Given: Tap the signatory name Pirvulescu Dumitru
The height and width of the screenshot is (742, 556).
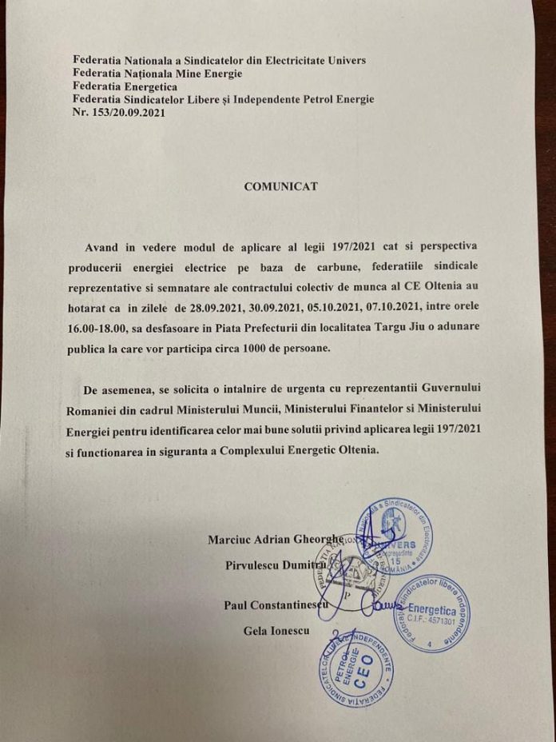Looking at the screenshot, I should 276,567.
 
